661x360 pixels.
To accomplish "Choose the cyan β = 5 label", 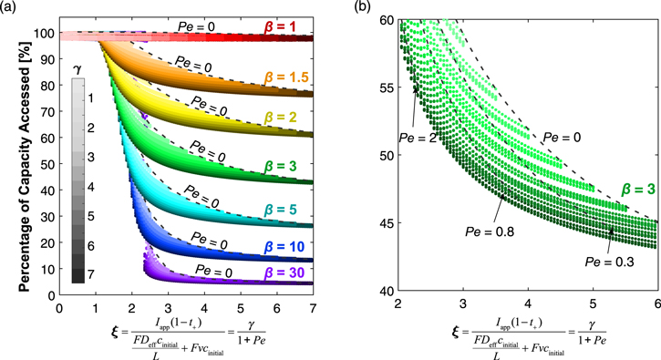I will coord(285,209).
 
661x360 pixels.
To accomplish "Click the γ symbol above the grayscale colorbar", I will coord(79,69).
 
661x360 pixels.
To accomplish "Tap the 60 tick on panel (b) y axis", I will coord(387,20).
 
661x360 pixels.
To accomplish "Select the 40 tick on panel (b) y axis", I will coord(387,290).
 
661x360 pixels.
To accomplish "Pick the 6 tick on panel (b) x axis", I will coord(656,303).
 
